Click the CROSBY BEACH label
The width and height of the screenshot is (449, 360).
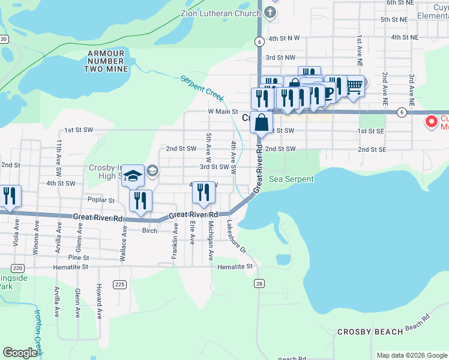[366, 332]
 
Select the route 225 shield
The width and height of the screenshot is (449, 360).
[121, 284]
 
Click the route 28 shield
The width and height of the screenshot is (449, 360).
[259, 283]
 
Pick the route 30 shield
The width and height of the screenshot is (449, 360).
[4, 39]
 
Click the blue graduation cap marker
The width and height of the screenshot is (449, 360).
[133, 175]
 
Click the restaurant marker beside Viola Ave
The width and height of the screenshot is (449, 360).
[10, 196]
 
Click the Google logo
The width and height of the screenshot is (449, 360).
[20, 353]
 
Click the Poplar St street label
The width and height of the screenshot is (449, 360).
[101, 200]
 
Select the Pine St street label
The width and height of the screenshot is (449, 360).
[78, 257]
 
